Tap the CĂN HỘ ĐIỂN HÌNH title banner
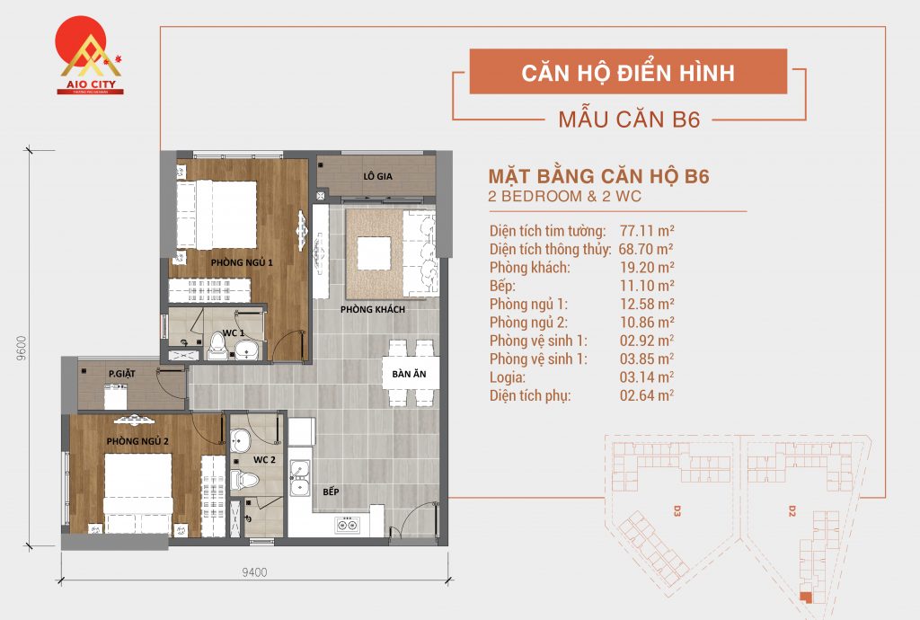(628, 72)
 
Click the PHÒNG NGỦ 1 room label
(241, 261)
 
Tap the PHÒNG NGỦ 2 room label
(137, 440)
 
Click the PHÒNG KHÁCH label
(372, 310)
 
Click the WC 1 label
(234, 332)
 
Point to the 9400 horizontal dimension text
(255, 572)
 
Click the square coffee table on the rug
(373, 252)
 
